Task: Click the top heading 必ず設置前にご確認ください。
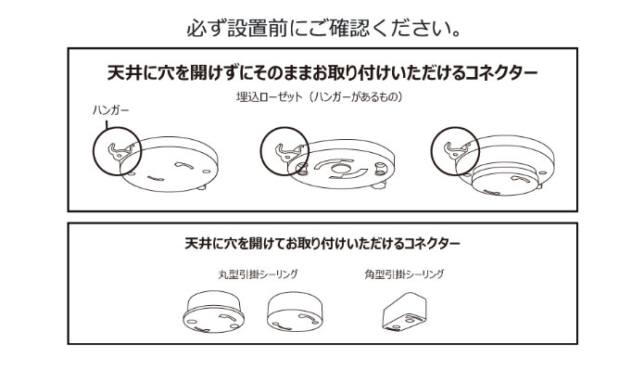click(323, 29)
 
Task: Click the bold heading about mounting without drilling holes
click(322, 72)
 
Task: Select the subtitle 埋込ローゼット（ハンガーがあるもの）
click(319, 96)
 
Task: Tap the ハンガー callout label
click(111, 109)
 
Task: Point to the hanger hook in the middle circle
click(289, 152)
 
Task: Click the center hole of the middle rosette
click(339, 169)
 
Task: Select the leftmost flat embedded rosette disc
click(169, 164)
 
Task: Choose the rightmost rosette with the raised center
click(505, 165)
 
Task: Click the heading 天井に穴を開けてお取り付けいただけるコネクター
click(322, 243)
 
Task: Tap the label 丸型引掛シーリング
click(258, 274)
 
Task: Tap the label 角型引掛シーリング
click(404, 274)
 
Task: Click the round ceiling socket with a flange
click(213, 312)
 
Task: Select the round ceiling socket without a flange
click(295, 312)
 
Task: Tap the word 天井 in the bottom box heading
click(198, 243)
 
